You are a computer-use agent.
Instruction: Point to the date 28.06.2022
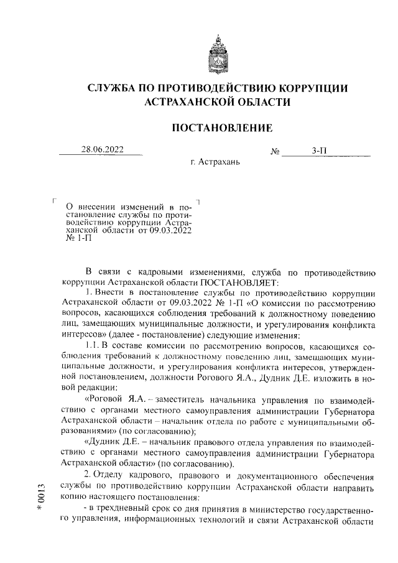(102, 149)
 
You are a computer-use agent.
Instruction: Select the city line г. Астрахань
(215, 163)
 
